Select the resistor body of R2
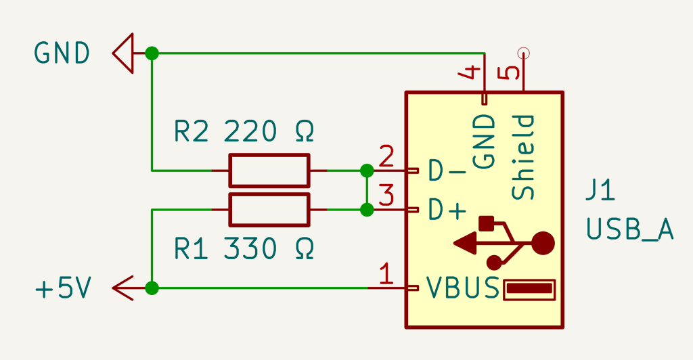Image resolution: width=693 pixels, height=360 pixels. [269, 170]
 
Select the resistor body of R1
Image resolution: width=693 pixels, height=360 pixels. [269, 210]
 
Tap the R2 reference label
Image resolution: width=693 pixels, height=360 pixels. [191, 131]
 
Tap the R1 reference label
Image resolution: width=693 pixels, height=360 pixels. [191, 249]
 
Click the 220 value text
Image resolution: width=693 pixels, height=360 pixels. [250, 131]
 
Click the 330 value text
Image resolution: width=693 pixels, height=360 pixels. [250, 249]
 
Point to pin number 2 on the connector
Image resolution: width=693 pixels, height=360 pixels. [386, 158]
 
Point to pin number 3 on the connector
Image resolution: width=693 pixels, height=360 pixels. [386, 197]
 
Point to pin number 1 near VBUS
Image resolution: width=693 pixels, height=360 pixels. [386, 275]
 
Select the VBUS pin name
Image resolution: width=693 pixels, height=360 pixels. [463, 290]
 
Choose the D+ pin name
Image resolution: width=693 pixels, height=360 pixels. [447, 211]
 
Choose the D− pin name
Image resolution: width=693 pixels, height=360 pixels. [447, 171]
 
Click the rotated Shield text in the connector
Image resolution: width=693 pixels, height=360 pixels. [523, 157]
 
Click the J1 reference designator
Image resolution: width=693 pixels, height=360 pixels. [600, 191]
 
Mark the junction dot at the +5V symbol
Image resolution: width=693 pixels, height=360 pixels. [152, 288]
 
